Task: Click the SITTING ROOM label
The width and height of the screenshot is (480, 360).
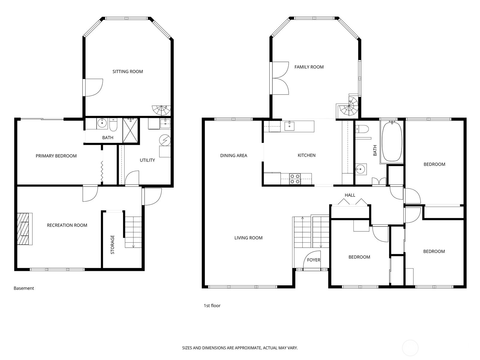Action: click(x=127, y=71)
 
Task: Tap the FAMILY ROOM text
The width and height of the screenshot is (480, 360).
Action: click(x=309, y=67)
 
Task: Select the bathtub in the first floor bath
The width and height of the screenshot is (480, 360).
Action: click(x=392, y=142)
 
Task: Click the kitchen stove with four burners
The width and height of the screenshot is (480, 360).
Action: click(x=295, y=179)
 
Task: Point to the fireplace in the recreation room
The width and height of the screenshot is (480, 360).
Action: click(x=25, y=229)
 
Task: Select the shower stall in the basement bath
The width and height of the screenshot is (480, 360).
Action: click(x=130, y=130)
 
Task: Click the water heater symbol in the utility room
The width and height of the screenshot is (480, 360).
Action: click(x=165, y=140)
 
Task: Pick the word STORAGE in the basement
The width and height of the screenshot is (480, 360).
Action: click(x=112, y=244)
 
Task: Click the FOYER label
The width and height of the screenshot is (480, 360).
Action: click(x=313, y=260)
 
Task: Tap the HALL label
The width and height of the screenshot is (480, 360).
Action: click(x=350, y=195)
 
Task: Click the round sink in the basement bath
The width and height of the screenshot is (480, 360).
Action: click(x=102, y=124)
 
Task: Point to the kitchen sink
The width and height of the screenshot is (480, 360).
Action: click(x=289, y=126)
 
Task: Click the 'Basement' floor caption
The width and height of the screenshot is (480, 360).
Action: click(x=24, y=288)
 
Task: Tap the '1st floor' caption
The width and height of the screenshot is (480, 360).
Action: click(x=212, y=306)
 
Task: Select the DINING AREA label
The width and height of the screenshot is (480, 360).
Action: click(x=233, y=155)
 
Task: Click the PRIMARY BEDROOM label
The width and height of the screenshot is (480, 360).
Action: click(x=56, y=156)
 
